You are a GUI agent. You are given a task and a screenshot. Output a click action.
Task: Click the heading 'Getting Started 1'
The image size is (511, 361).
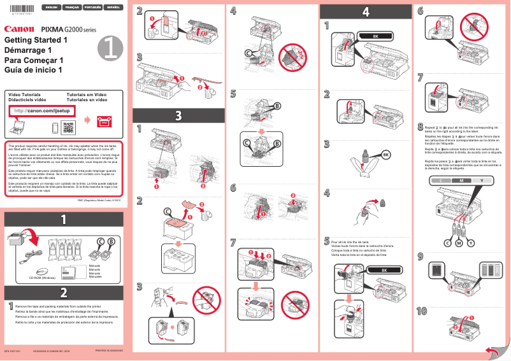[x=36, y=40]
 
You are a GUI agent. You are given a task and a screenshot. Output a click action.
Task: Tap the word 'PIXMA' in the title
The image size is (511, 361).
[x=54, y=29]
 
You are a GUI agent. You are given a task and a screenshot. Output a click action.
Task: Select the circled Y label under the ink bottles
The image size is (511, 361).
[x=471, y=244]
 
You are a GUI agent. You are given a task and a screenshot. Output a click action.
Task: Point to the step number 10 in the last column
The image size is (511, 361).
[x=422, y=311]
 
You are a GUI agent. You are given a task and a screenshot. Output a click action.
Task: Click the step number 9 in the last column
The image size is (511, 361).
[x=420, y=257]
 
